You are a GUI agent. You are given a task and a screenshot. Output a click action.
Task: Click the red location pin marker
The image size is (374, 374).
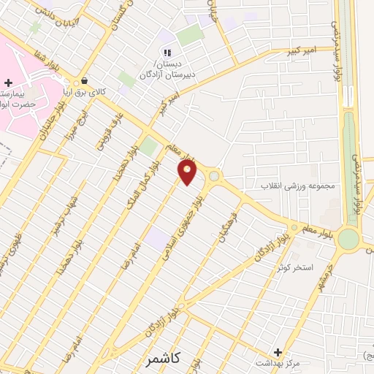tap(188, 172)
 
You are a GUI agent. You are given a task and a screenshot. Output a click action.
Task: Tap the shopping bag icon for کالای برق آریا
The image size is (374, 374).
tap(85, 81)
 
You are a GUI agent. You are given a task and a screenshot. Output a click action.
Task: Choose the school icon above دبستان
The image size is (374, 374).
tap(168, 53)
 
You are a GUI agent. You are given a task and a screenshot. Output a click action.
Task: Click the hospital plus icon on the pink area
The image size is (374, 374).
tap(8, 84)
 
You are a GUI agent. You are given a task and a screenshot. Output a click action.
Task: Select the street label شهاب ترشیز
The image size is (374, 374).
tap(64, 218)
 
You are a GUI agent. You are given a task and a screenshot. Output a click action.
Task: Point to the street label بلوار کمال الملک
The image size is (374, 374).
tap(147, 182)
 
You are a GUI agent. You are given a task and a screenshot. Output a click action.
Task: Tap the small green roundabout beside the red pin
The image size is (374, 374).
tap(213, 176)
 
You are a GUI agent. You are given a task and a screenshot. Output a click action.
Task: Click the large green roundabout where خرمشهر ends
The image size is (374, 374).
tap(348, 238)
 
